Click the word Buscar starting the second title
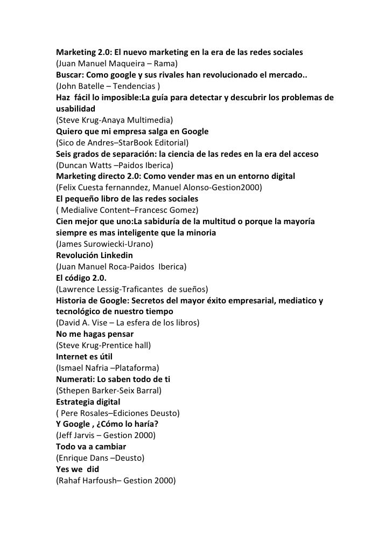(x=69, y=75)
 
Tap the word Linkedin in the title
(x=112, y=255)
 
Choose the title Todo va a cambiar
(x=91, y=447)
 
